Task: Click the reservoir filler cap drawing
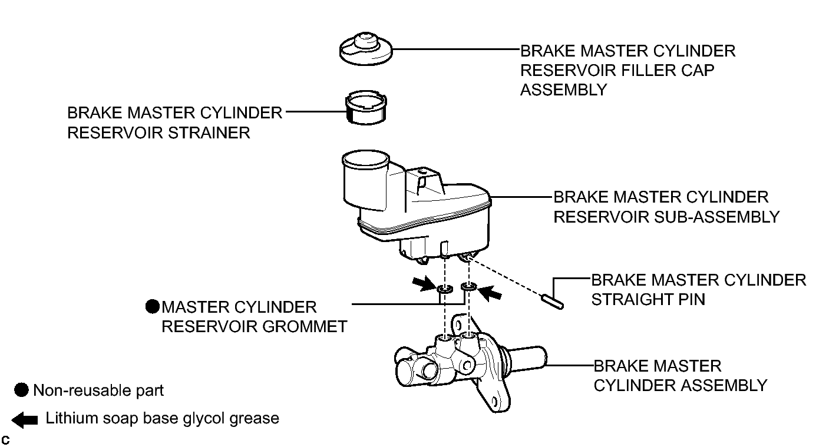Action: pos(365,49)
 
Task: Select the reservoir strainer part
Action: pos(365,107)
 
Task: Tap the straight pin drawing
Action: pos(552,302)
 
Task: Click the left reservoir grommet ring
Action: pos(445,288)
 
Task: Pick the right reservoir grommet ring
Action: pos(468,287)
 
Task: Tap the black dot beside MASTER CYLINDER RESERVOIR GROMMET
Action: pos(153,307)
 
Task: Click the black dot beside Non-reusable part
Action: pos(21,390)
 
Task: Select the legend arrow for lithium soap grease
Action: pos(25,420)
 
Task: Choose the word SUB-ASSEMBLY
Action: pos(716,217)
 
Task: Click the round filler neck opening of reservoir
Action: pos(365,159)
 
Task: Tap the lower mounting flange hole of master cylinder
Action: pos(494,402)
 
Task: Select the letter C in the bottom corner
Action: pos(5,440)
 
